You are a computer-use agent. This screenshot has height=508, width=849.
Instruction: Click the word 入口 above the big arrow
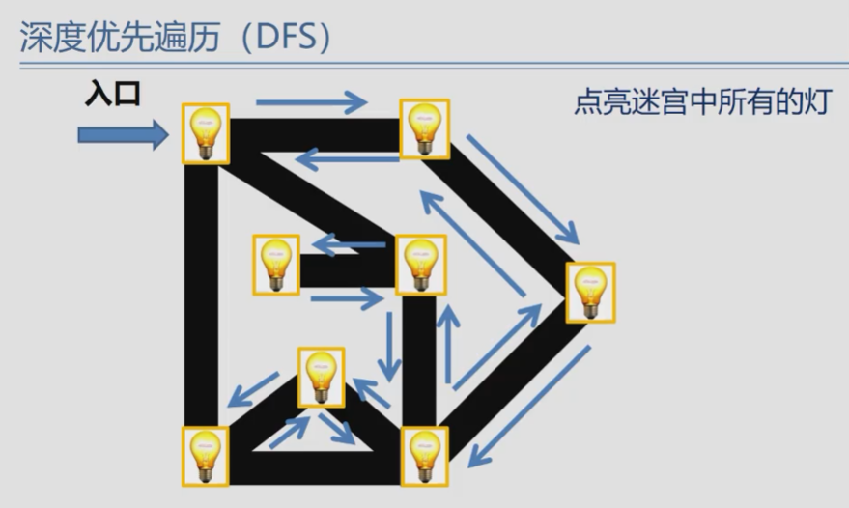(x=114, y=94)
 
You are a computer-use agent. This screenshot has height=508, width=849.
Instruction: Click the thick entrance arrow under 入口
(x=123, y=134)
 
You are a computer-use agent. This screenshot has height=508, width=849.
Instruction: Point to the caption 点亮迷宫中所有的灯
(x=702, y=101)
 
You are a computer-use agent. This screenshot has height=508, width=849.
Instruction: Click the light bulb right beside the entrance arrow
(x=206, y=132)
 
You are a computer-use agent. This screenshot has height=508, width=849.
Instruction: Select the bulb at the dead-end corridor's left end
(x=276, y=265)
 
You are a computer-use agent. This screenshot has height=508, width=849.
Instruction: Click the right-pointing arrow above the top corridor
(x=312, y=99)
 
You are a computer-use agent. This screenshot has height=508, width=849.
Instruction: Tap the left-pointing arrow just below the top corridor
(x=347, y=155)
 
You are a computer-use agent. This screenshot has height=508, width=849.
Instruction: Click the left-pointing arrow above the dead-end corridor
(x=348, y=245)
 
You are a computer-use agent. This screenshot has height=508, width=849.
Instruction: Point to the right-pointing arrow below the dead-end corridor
(x=348, y=300)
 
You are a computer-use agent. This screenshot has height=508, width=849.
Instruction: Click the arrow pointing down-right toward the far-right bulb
(x=523, y=188)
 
